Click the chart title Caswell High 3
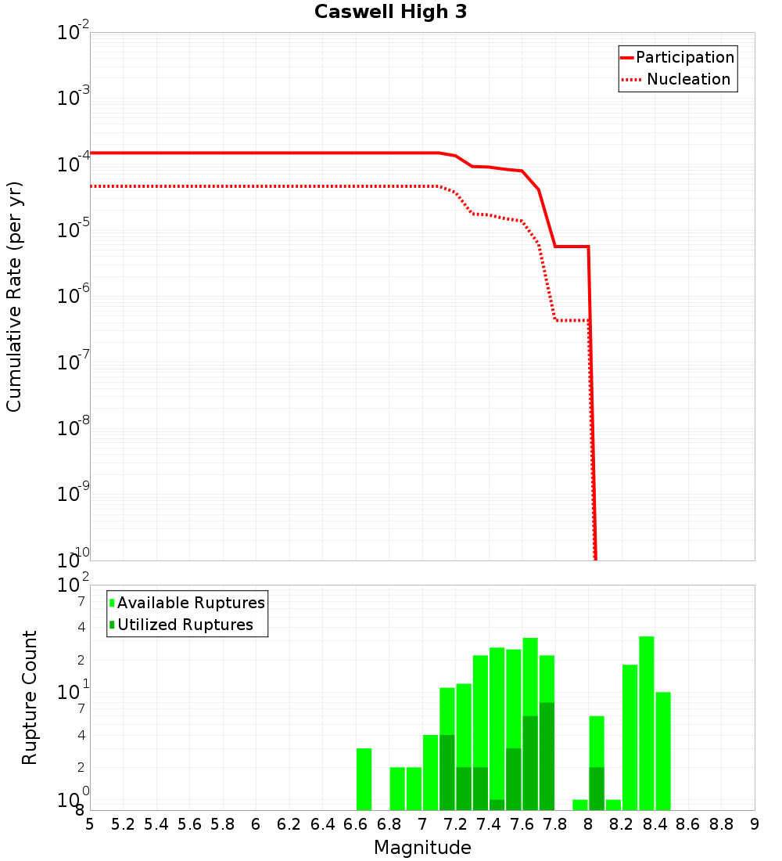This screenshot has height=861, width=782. (x=390, y=13)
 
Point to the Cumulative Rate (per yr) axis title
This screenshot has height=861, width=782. (x=14, y=297)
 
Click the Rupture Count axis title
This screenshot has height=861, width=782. (x=30, y=697)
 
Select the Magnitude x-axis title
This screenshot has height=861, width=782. (x=422, y=848)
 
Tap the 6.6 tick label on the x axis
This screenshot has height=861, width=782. (x=356, y=824)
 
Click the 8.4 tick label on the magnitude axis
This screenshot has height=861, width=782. (x=655, y=824)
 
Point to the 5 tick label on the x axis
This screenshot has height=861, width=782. (x=90, y=824)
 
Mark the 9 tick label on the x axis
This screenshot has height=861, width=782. (x=755, y=824)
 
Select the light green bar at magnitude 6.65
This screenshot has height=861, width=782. (x=364, y=779)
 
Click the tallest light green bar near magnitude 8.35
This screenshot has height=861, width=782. (x=646, y=723)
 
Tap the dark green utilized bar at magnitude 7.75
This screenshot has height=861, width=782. (x=547, y=756)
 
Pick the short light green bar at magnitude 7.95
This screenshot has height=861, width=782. (x=579, y=805)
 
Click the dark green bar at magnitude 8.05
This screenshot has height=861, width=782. (x=596, y=788)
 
